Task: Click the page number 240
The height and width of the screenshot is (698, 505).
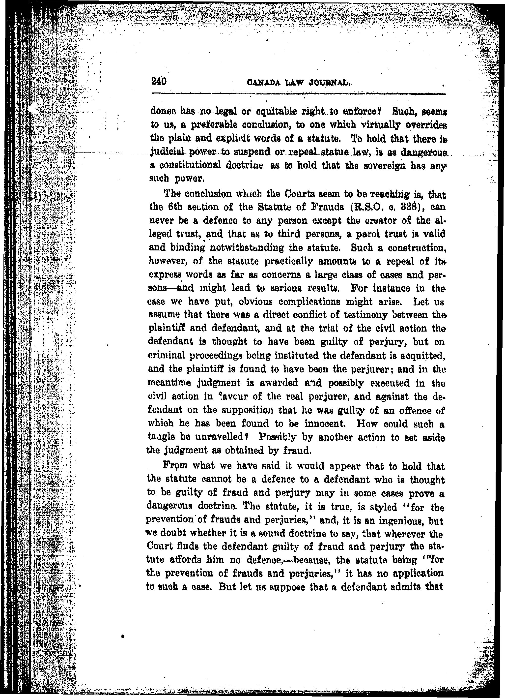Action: point(159,82)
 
